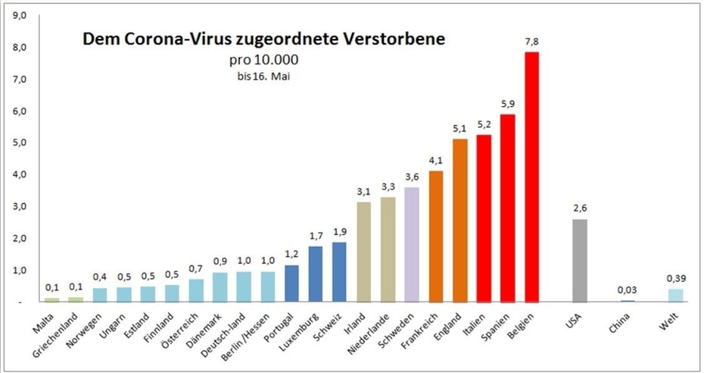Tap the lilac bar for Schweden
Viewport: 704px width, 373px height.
click(411, 244)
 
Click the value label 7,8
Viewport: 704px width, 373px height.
click(531, 41)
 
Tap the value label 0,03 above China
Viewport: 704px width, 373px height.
click(627, 290)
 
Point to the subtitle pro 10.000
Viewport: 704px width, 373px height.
click(264, 60)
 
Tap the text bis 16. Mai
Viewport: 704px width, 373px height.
click(264, 77)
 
